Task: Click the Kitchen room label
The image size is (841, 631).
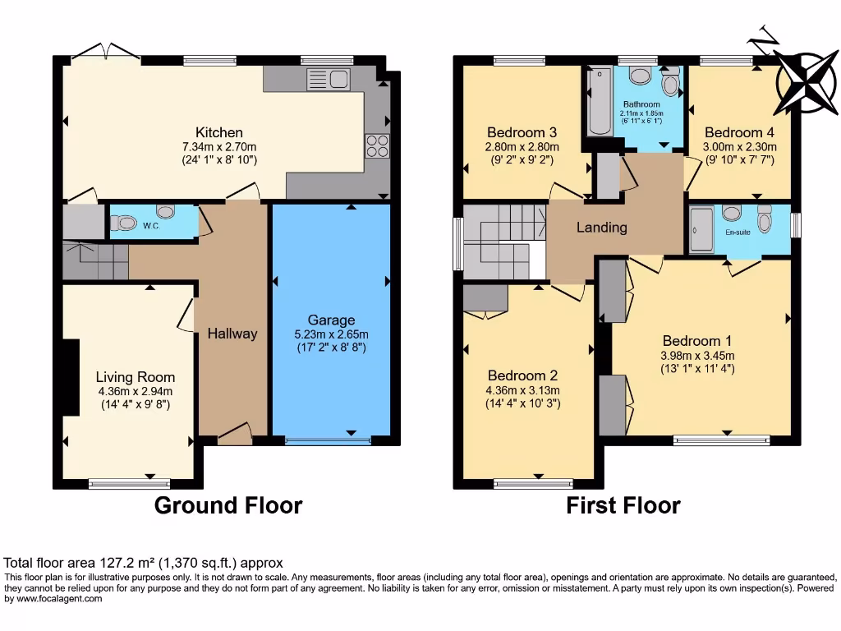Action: click(x=218, y=132)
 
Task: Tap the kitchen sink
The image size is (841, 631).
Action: click(x=329, y=80)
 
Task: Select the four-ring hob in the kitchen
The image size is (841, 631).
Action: click(x=377, y=145)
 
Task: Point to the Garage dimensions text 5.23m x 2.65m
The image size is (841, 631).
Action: click(x=331, y=334)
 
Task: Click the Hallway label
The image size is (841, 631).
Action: click(x=232, y=334)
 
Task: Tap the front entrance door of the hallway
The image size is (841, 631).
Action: click(x=235, y=434)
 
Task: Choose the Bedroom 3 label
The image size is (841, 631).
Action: click(x=522, y=132)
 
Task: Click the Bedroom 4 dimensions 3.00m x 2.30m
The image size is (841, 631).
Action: click(x=739, y=146)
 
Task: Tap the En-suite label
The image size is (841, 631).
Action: click(x=738, y=233)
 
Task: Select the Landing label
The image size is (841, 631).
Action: click(x=602, y=228)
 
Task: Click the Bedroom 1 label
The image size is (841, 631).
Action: click(x=697, y=341)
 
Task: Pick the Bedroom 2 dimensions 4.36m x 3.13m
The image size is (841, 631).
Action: click(x=522, y=390)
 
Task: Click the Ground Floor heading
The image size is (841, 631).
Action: click(x=228, y=505)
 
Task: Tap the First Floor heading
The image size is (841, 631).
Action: click(x=623, y=505)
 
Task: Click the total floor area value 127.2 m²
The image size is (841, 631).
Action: click(x=123, y=563)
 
